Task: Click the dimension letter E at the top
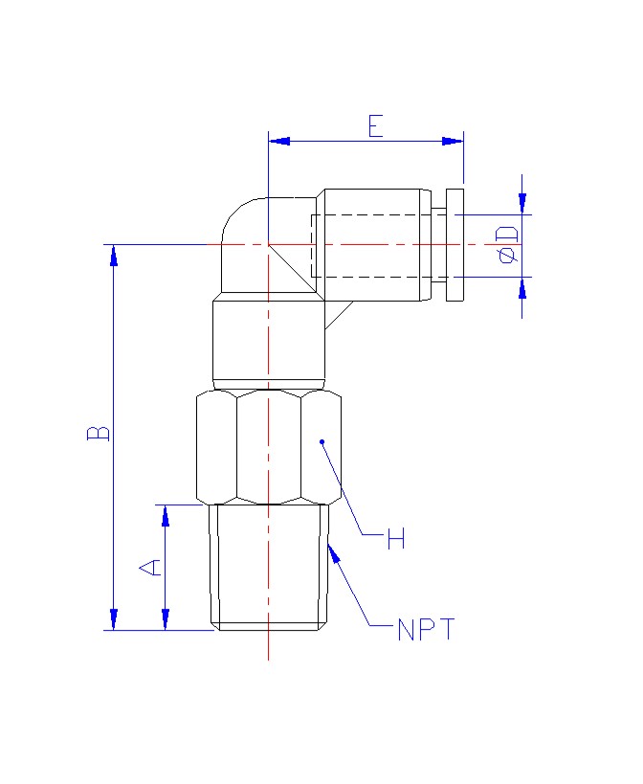(376, 126)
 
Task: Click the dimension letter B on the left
(99, 433)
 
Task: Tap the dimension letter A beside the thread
(150, 568)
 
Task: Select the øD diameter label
(507, 245)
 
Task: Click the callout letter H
(396, 538)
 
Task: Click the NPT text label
(426, 629)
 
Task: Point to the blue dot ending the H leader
(322, 441)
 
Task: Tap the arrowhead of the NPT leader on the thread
(334, 553)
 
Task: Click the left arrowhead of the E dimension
(279, 141)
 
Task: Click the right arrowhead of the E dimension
(453, 141)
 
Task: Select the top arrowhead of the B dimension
(114, 256)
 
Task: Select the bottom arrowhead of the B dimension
(114, 619)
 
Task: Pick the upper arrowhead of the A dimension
(166, 516)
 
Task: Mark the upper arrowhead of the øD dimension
(522, 204)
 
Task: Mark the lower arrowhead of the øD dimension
(522, 288)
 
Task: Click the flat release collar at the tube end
(455, 245)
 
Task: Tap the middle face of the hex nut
(269, 447)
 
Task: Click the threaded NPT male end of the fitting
(269, 568)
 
